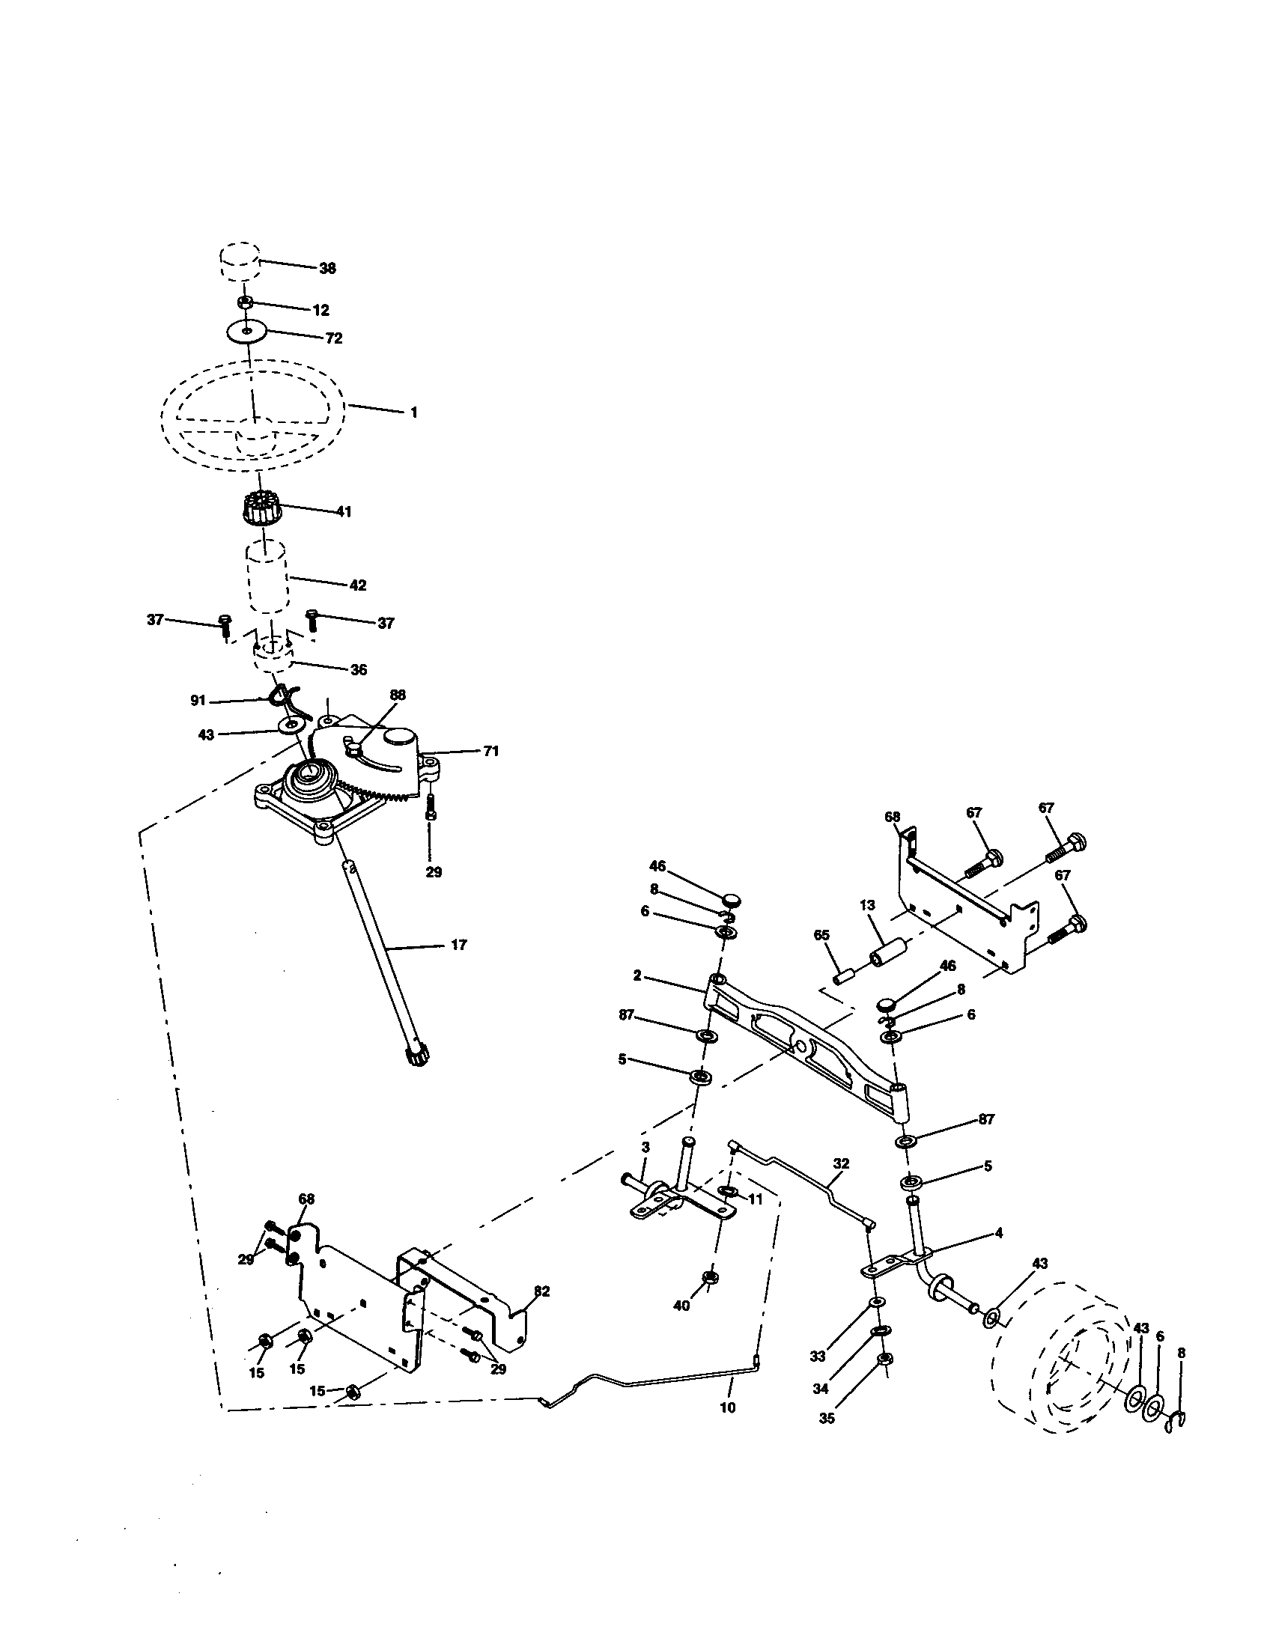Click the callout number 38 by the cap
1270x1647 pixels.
(x=327, y=269)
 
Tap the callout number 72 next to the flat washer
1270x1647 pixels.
(x=333, y=338)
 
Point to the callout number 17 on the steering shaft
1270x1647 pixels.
(x=458, y=945)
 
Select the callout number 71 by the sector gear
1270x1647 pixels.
(x=490, y=751)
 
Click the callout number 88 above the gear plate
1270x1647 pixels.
(x=398, y=695)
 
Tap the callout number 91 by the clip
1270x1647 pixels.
(x=198, y=701)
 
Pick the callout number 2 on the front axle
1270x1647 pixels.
(x=637, y=975)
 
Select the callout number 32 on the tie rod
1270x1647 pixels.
(x=841, y=1163)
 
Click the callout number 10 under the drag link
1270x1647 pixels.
(x=728, y=1407)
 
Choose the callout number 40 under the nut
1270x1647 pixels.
(x=681, y=1306)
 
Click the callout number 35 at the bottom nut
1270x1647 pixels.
(x=827, y=1419)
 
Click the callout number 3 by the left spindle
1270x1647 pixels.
(x=645, y=1168)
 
